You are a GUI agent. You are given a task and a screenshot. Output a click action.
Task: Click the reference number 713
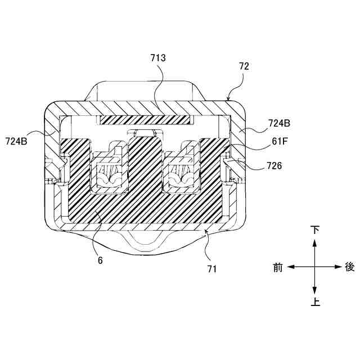point(158,57)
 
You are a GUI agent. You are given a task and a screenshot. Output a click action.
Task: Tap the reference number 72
point(244,66)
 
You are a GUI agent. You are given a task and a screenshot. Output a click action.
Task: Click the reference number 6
point(100,260)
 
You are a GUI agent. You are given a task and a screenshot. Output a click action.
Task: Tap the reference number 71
point(211,269)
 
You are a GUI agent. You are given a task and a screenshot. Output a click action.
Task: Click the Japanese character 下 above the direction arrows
point(315,230)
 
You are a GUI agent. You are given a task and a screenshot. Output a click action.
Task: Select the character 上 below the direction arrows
point(315,303)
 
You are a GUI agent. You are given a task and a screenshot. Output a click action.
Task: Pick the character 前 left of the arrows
point(278,267)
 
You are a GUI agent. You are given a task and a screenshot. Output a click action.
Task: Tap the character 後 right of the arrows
point(350,267)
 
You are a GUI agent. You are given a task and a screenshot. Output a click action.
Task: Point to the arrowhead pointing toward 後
point(337,267)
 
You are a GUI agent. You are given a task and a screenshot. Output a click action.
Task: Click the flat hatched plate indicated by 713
point(146,120)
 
